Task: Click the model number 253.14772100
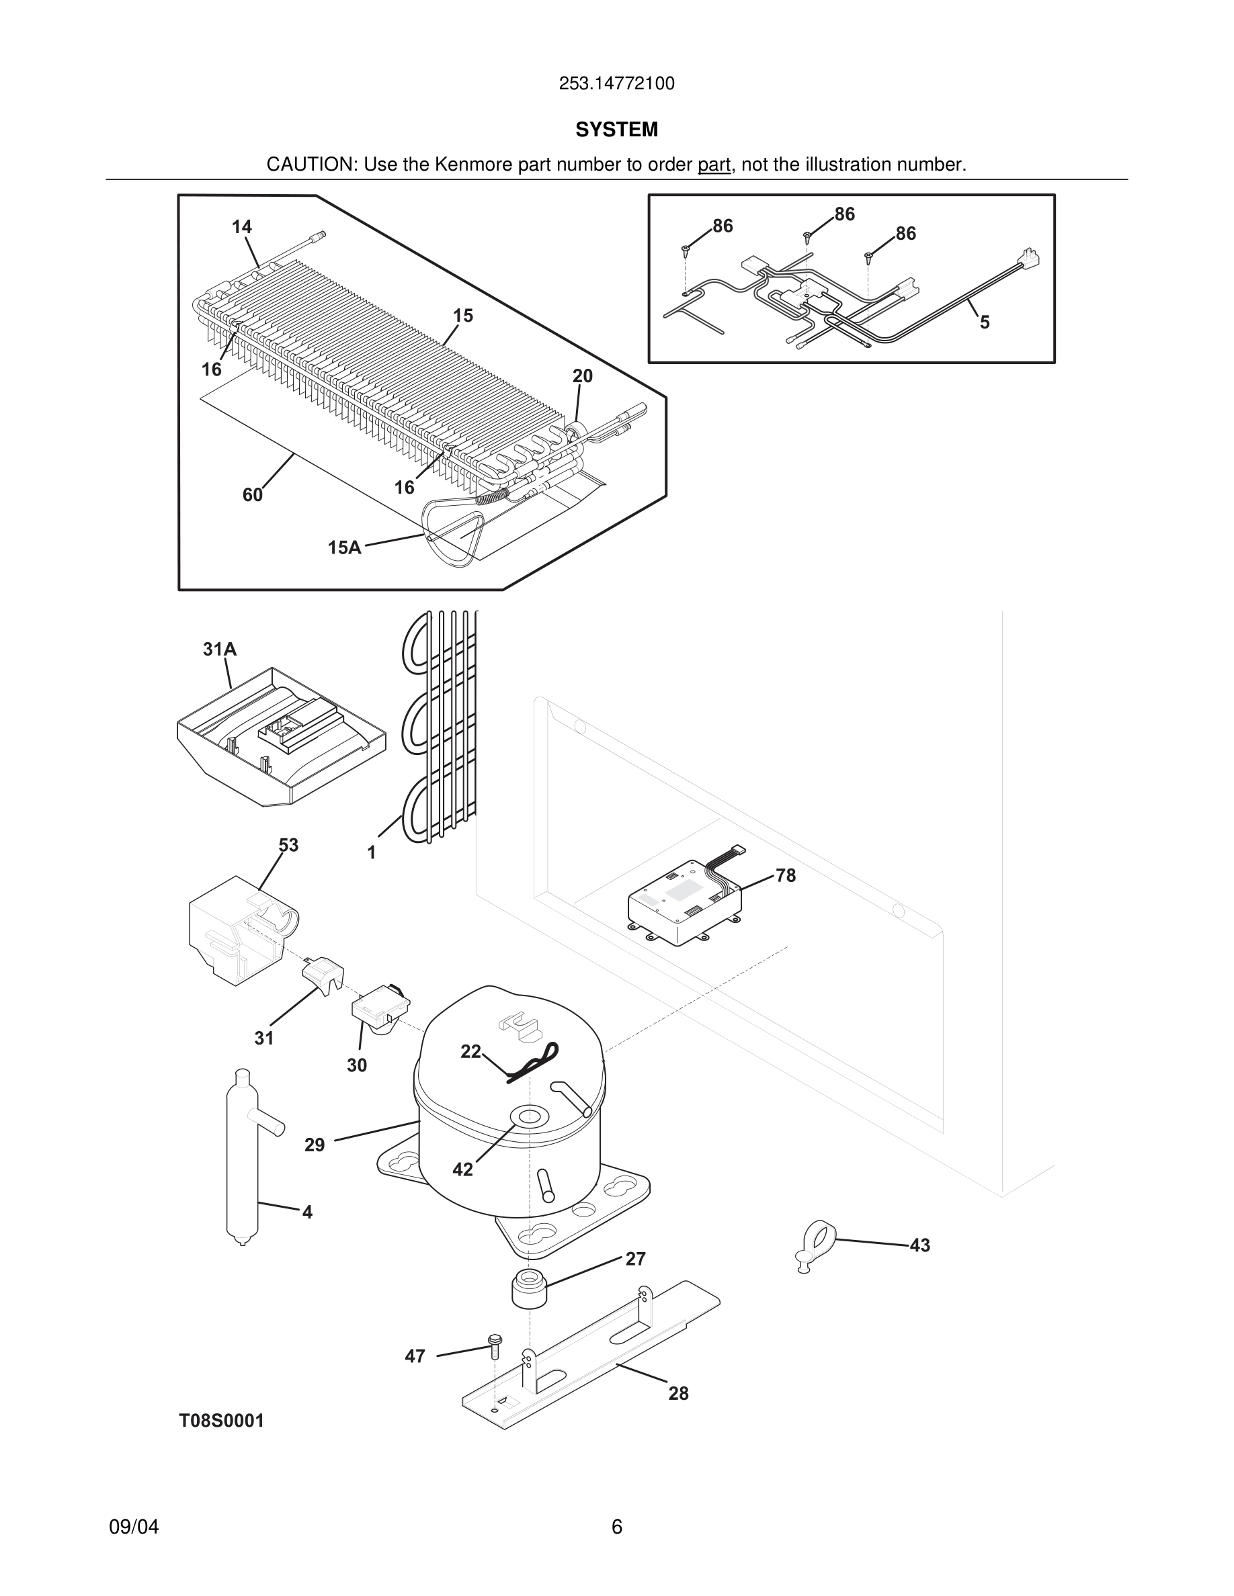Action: (x=616, y=84)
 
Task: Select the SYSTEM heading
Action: (x=616, y=130)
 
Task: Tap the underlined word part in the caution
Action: (x=714, y=165)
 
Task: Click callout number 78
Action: (x=785, y=875)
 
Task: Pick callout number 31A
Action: (x=219, y=649)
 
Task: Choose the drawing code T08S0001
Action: (x=222, y=1421)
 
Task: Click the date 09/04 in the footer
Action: (x=134, y=1527)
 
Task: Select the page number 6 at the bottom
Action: (x=616, y=1527)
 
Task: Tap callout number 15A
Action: (x=344, y=547)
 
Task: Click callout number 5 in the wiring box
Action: (x=984, y=322)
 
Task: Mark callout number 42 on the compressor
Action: (x=462, y=1169)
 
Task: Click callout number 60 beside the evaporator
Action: (x=252, y=495)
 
